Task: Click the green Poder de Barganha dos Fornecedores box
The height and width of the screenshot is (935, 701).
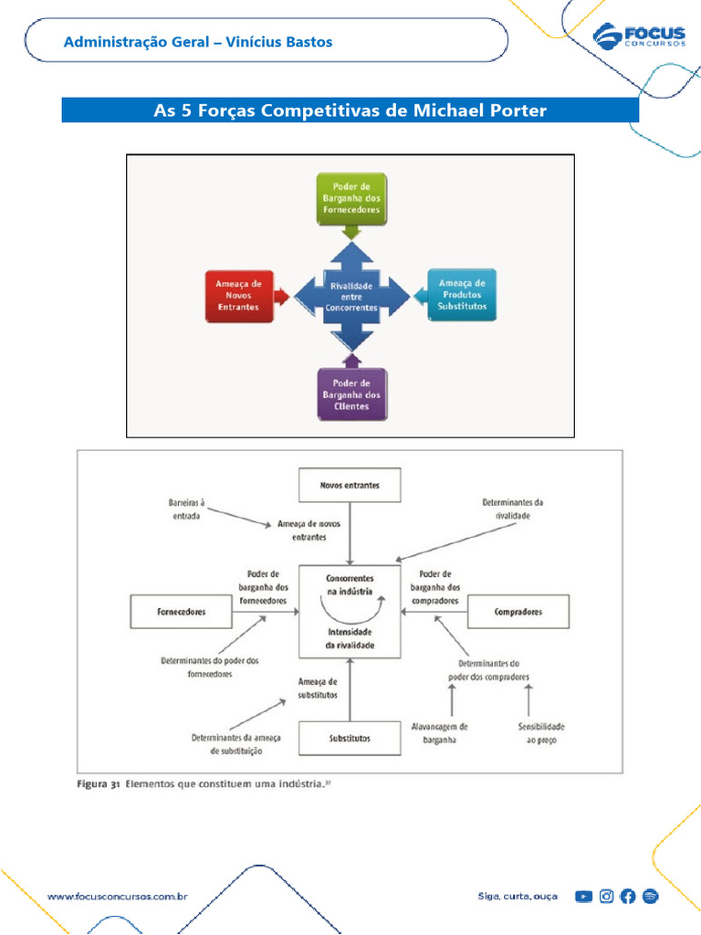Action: [351, 198]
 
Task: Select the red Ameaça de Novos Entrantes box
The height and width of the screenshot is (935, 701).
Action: [239, 296]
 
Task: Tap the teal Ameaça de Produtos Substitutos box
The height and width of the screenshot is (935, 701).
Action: [462, 295]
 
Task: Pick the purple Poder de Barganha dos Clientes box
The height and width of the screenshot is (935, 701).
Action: [351, 394]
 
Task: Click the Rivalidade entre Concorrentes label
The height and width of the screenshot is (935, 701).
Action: [351, 297]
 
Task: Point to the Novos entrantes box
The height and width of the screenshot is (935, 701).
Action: [350, 486]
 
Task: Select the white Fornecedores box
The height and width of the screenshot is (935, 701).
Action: [182, 612]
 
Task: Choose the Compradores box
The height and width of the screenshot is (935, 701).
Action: [518, 612]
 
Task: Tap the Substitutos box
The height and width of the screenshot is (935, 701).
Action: [350, 738]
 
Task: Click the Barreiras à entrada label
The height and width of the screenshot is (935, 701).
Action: [186, 510]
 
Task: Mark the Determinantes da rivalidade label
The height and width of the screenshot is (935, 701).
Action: [513, 510]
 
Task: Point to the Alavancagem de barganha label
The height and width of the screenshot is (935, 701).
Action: [439, 733]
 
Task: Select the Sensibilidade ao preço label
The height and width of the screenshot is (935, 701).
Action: [541, 733]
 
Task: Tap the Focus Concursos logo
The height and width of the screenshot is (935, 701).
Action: [639, 36]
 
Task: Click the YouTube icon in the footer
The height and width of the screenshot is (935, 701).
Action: [583, 897]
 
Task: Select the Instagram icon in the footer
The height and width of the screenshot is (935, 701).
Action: [606, 897]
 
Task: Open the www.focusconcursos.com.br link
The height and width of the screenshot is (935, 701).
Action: [118, 897]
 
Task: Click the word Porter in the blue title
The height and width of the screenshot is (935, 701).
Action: [518, 110]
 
